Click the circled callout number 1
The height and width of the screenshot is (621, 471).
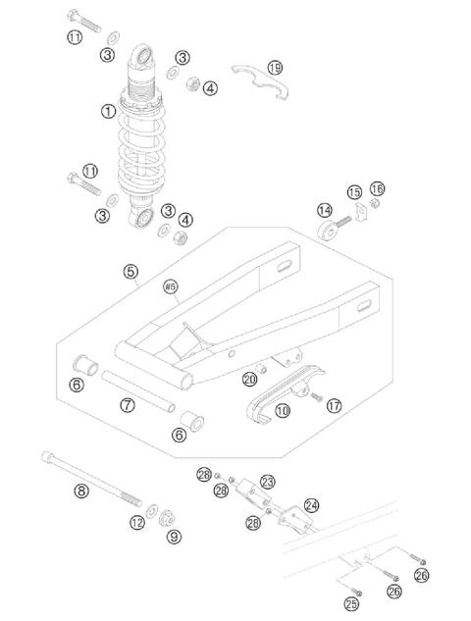pos(108,112)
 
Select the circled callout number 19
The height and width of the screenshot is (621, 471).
pos(275,68)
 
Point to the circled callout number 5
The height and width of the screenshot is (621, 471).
pos(131,272)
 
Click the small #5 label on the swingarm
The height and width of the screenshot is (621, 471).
pos(170,286)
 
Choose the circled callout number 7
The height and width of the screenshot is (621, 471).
pos(128,404)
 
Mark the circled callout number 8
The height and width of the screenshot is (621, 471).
pos(174,537)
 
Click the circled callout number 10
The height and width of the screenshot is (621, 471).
pos(283,412)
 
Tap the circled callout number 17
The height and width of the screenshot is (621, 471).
pos(335,405)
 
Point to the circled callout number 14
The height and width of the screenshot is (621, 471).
pos(324,210)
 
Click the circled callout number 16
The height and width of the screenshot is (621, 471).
pos(377,188)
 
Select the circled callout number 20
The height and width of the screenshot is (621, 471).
pos(250,380)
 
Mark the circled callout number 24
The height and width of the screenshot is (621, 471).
pos(311,505)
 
